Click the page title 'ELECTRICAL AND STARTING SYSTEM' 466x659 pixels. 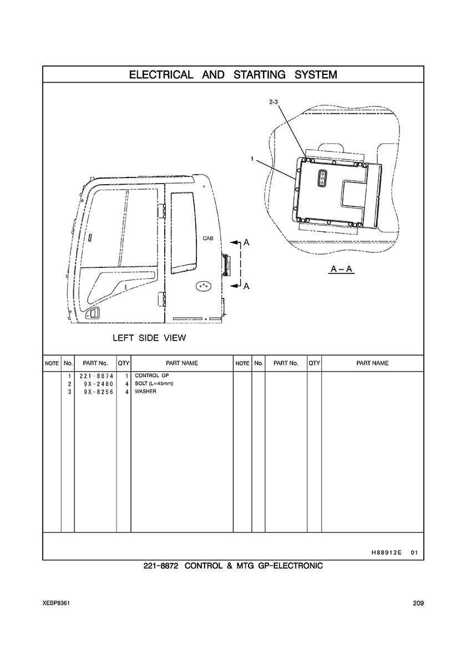click(233, 74)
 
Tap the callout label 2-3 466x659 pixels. click(273, 102)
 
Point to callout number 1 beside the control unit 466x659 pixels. click(252, 159)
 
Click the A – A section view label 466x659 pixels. click(342, 270)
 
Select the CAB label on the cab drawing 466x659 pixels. click(208, 238)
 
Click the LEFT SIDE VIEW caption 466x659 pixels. click(149, 337)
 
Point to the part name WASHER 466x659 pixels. click(146, 392)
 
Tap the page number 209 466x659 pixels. click(418, 604)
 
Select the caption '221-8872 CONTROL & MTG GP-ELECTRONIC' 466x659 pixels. click(233, 567)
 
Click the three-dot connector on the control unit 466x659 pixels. click(321, 179)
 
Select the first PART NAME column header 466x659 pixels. click(181, 363)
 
